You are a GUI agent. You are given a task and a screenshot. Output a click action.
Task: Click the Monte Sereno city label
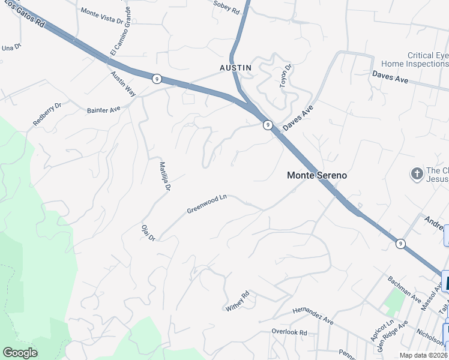click(317, 176)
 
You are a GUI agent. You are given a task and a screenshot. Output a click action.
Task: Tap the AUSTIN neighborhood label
click(235, 68)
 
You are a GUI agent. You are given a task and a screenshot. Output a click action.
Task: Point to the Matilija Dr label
click(164, 176)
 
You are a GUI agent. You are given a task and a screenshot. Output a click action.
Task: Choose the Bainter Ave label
click(104, 110)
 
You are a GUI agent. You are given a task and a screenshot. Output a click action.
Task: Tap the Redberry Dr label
click(47, 114)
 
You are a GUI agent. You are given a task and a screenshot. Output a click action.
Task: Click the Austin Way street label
click(123, 84)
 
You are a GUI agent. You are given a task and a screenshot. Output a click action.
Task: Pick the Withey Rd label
click(237, 301)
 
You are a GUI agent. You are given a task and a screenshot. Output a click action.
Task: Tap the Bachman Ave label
click(404, 287)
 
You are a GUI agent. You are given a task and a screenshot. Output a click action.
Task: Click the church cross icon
click(417, 174)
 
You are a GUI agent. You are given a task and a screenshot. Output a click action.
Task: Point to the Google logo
click(20, 353)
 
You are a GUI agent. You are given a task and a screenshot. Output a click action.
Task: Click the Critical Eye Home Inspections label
click(415, 59)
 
